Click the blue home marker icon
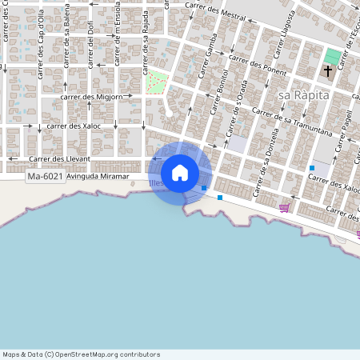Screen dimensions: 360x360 click(x=180, y=173)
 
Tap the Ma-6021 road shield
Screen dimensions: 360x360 click(x=45, y=176)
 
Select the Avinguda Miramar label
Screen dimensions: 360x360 click(x=98, y=176)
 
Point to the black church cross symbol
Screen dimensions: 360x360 click(x=327, y=72)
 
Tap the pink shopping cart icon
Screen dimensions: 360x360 click(x=284, y=208)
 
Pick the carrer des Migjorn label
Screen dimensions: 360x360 click(x=93, y=97)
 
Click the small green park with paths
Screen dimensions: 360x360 click(x=158, y=81)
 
